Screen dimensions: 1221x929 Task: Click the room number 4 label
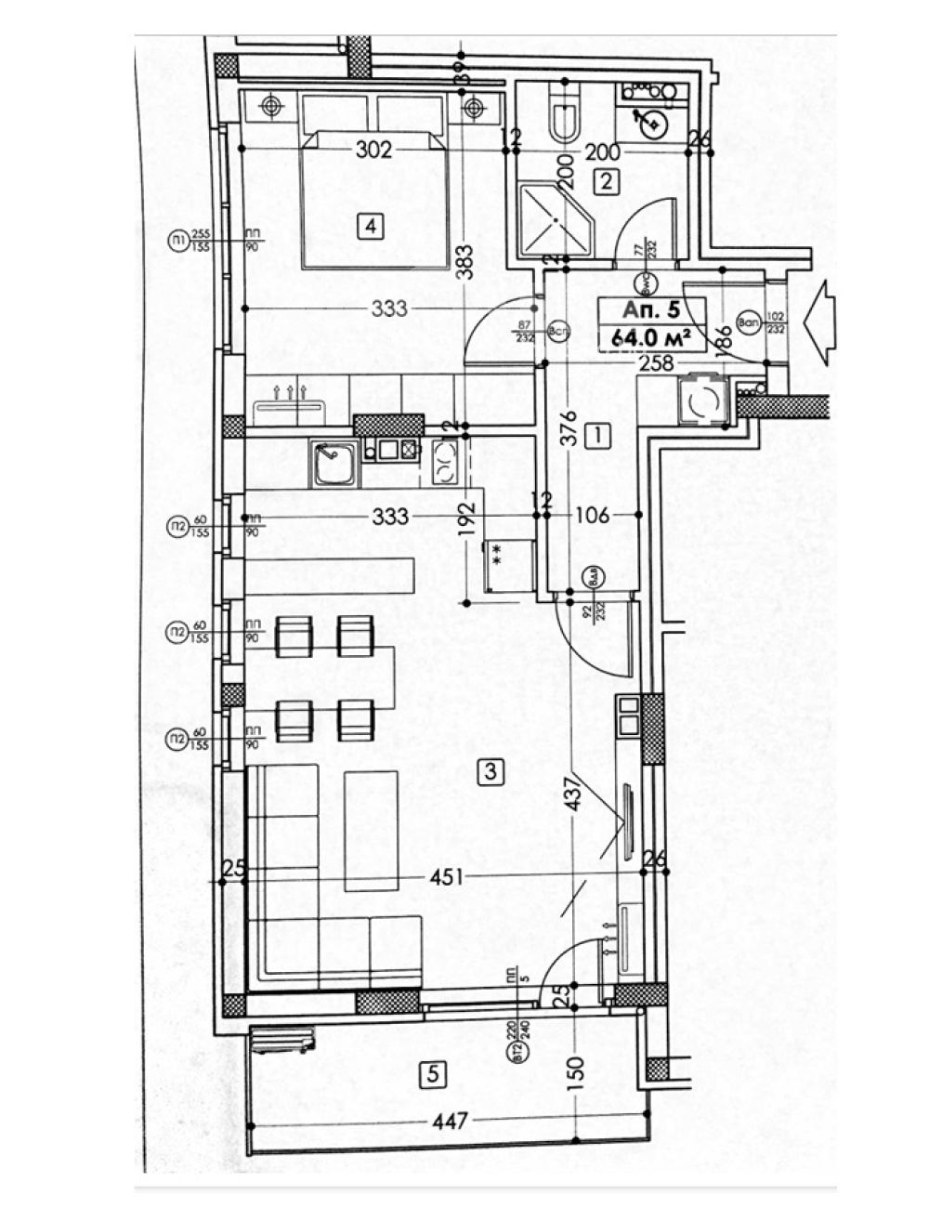370,226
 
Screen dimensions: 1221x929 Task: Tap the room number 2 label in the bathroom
606,181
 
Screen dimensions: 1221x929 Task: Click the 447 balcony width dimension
451,1122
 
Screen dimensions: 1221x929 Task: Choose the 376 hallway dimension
569,427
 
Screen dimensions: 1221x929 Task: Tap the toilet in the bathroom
565,114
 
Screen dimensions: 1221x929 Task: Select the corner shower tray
553,221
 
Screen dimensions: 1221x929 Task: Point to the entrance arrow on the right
823,319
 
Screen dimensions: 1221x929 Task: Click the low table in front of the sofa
371,830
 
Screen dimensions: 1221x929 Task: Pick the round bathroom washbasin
655,122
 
